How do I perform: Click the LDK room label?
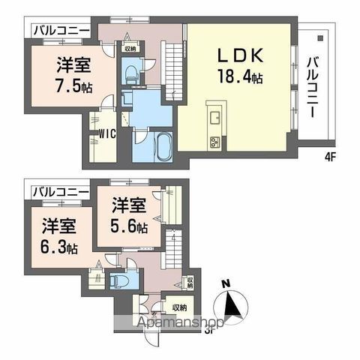coord(241,56)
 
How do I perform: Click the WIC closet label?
coord(105,135)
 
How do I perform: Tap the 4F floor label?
coord(328,157)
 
